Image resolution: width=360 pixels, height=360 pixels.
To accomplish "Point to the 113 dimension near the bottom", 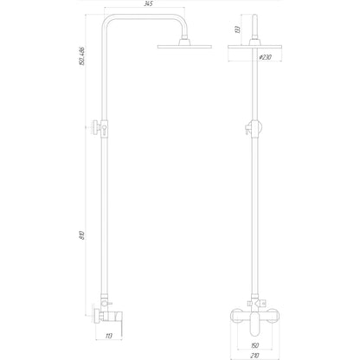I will click(x=109, y=336).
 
